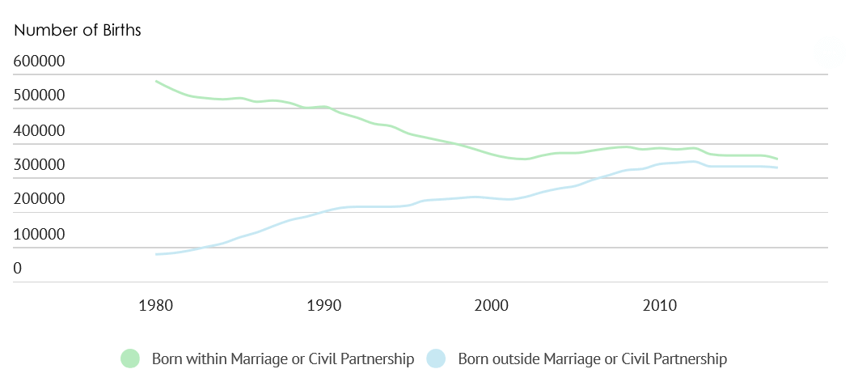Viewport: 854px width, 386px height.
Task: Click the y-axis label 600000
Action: coord(39,62)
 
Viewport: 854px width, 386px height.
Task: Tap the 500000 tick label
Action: coord(39,96)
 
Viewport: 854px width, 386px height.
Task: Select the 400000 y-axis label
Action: coord(39,131)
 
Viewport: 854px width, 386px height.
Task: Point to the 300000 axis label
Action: coord(39,165)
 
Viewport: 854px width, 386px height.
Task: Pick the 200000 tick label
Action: coord(39,200)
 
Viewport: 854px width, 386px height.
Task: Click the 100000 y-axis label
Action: coord(39,235)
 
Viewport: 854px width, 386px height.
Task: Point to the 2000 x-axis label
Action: coord(491,306)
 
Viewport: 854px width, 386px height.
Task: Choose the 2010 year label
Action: coord(659,306)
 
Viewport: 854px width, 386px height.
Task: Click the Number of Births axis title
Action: coord(78,31)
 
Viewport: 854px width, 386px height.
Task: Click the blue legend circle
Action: coord(437,358)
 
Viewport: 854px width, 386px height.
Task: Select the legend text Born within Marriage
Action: coord(283,358)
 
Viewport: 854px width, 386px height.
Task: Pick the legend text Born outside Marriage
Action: coord(592,358)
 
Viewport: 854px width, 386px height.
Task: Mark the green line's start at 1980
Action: coord(156,82)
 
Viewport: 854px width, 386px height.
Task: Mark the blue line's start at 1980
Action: coord(156,254)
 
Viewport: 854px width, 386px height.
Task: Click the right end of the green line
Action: coord(776,159)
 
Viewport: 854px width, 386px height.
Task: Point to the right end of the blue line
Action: coord(776,168)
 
